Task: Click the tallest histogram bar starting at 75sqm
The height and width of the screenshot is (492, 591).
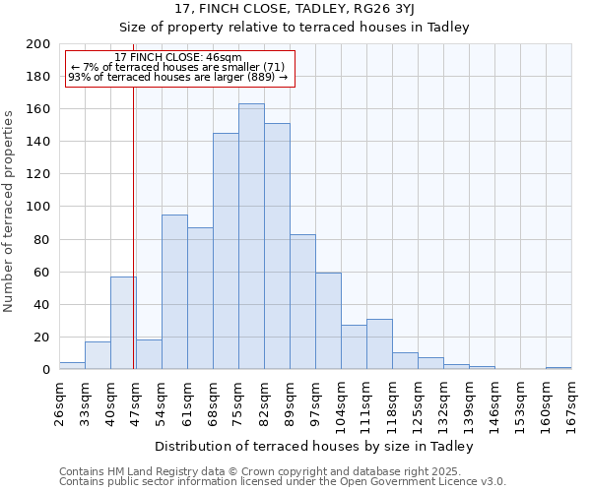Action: [x=251, y=236]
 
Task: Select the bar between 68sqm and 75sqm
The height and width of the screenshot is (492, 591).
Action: [x=226, y=251]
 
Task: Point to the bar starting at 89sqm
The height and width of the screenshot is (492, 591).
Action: [x=302, y=302]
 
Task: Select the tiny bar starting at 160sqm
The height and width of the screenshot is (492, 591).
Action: [x=558, y=368]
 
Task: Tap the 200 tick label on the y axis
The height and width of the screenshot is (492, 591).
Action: [x=38, y=44]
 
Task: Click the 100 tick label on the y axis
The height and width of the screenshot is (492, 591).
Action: [x=38, y=207]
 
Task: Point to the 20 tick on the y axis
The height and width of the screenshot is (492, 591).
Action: [x=42, y=338]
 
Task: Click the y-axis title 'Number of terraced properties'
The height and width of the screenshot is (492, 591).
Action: [x=10, y=212]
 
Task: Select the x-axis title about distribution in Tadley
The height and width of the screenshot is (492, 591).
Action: [x=314, y=446]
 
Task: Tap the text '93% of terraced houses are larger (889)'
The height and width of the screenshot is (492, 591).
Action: [x=177, y=77]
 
